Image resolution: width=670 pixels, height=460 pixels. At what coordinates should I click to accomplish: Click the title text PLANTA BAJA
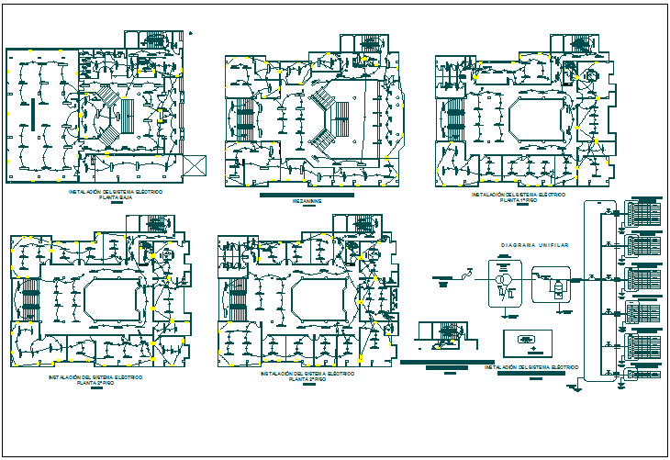pos(115,196)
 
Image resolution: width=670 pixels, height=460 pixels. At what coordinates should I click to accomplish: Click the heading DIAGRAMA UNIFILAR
pos(536,245)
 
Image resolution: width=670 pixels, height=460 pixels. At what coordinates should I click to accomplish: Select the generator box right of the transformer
pos(551,285)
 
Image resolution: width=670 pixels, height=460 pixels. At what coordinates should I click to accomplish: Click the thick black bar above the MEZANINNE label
pos(307,196)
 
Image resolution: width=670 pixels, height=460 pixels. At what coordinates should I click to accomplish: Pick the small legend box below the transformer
pos(528,342)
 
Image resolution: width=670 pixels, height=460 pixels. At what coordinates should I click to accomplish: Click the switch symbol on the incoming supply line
pos(468,275)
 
